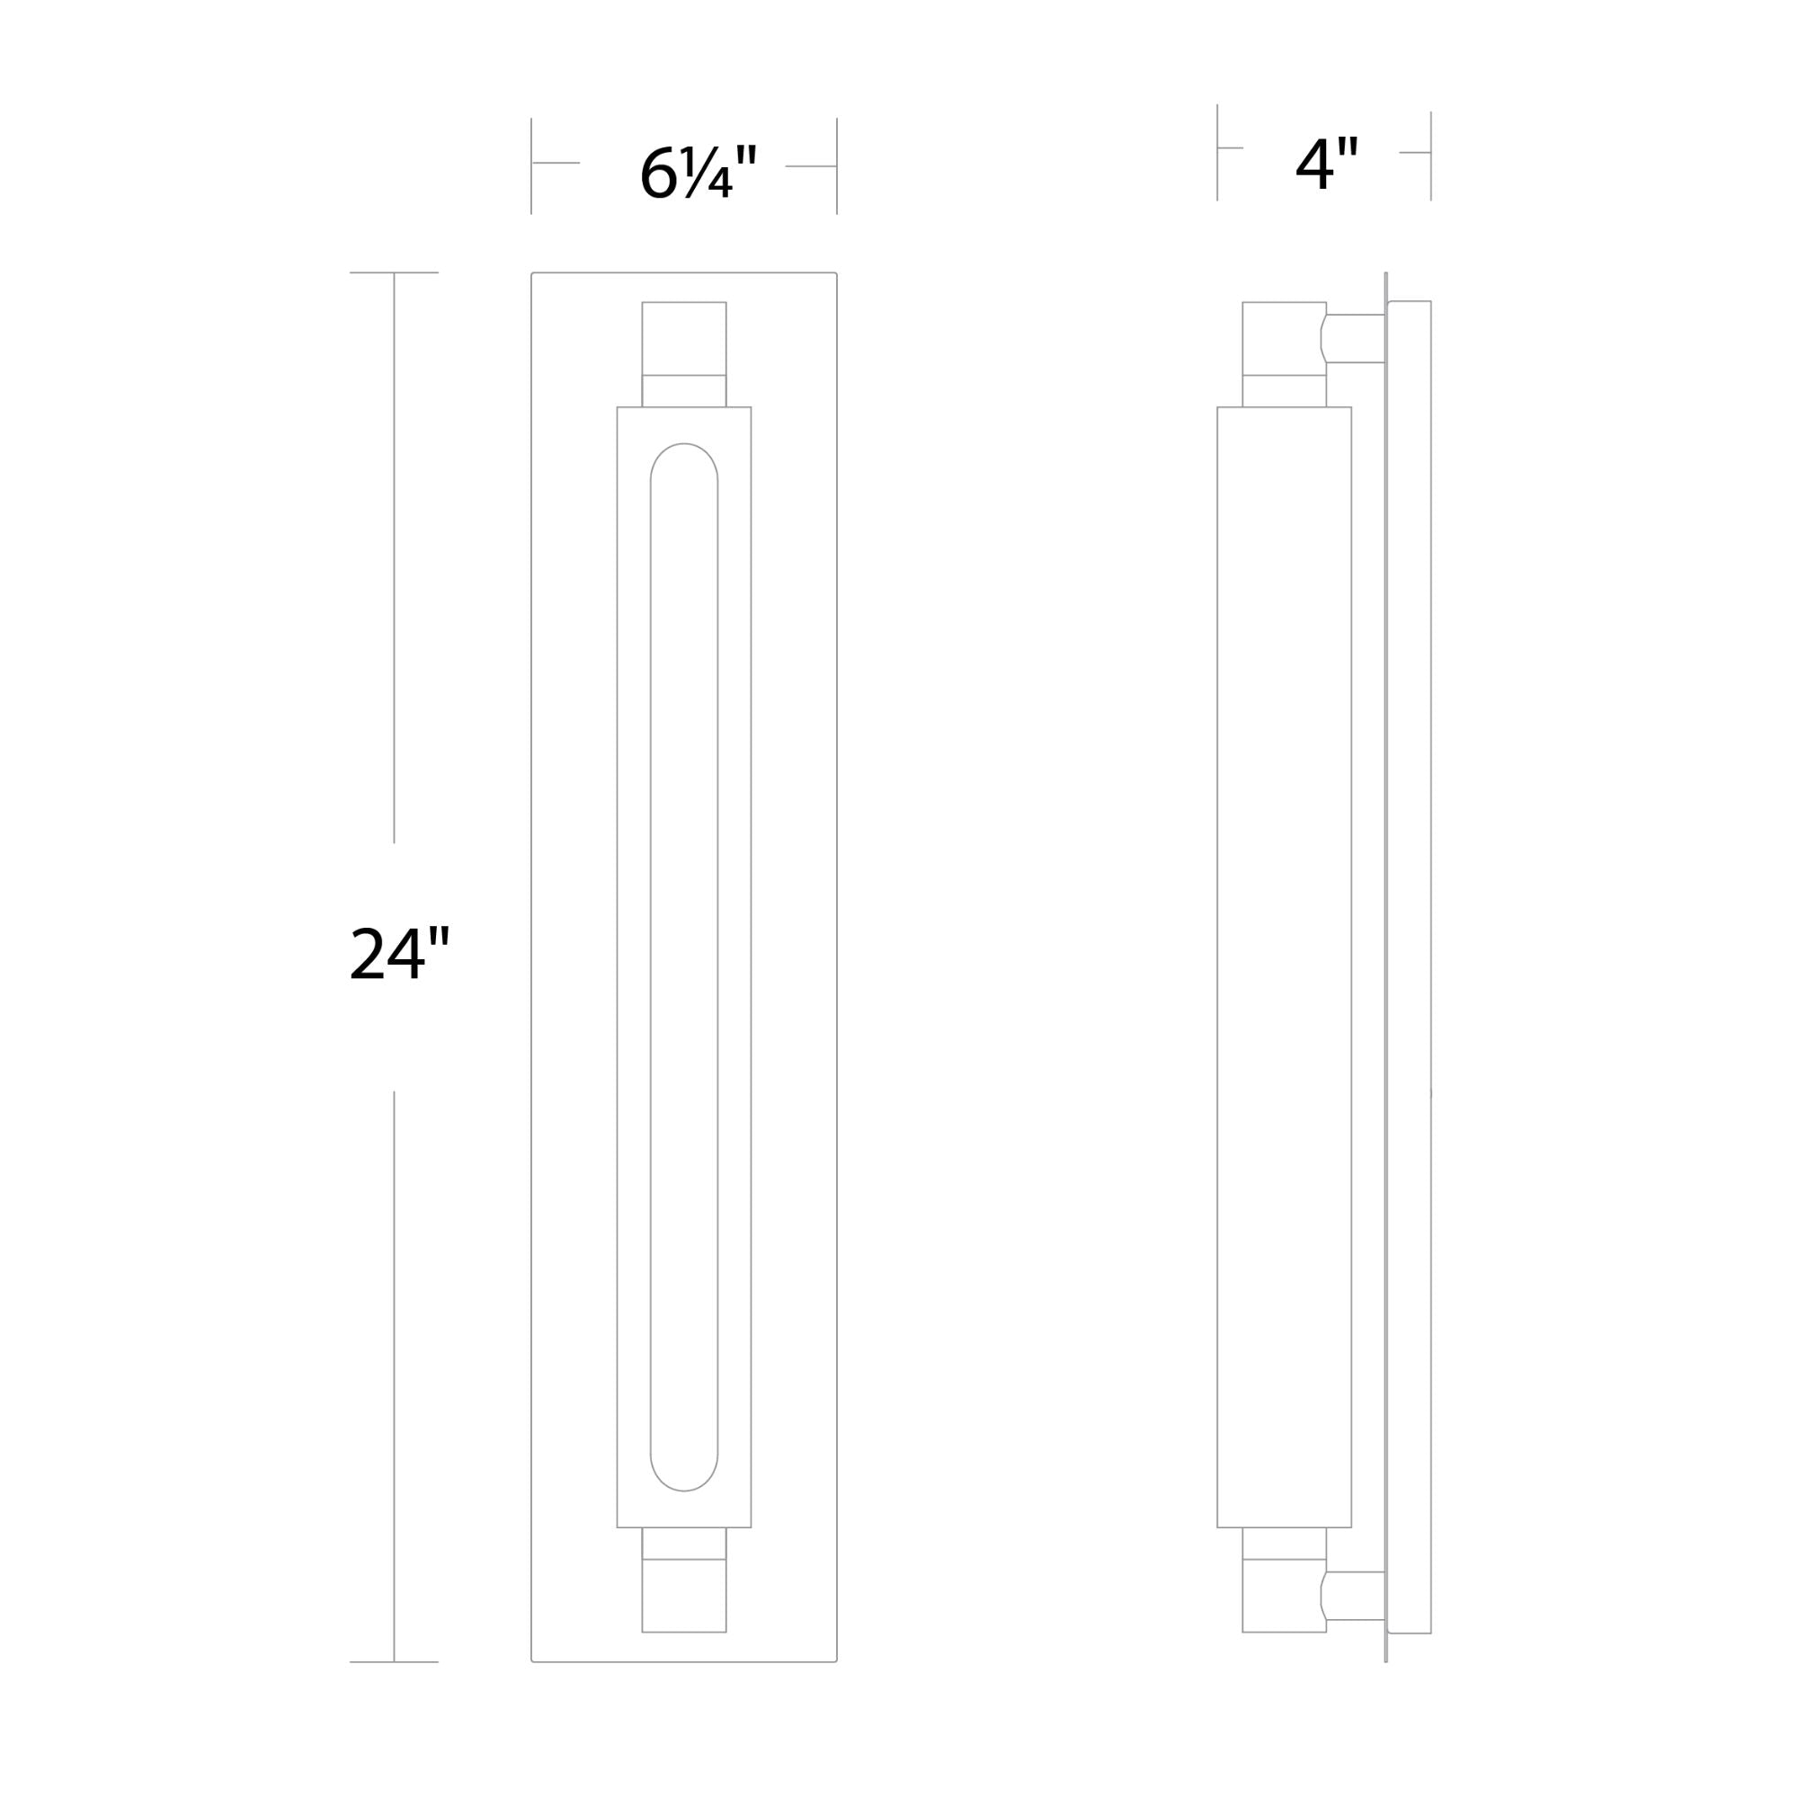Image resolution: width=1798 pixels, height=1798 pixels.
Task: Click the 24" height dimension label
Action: (x=400, y=953)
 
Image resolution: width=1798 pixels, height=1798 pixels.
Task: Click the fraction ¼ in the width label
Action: (x=708, y=174)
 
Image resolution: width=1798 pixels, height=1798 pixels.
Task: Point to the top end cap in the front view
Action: (x=684, y=339)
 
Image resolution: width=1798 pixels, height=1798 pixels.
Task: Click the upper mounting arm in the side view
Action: (x=1353, y=339)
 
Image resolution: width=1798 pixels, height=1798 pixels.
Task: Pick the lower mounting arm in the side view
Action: (x=1353, y=1595)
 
